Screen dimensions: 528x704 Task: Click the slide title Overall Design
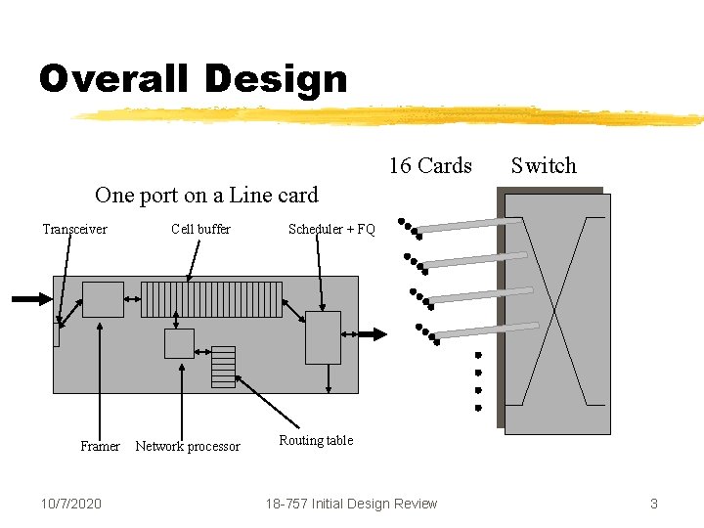(193, 78)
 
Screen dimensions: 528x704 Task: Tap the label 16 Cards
(430, 165)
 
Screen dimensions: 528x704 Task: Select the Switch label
(544, 165)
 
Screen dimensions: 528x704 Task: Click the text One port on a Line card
(206, 195)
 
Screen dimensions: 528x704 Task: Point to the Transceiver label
(74, 229)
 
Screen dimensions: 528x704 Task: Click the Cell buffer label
(200, 229)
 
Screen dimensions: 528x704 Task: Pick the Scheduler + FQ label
(331, 230)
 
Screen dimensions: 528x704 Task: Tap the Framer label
(100, 446)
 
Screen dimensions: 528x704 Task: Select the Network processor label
(187, 446)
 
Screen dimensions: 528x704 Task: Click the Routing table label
(316, 440)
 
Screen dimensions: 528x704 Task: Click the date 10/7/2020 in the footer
(71, 504)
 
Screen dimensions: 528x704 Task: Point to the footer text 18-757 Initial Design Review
(352, 504)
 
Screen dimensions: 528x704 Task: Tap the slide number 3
(653, 504)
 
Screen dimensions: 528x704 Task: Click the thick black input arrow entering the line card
(29, 299)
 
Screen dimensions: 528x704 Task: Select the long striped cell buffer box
(211, 299)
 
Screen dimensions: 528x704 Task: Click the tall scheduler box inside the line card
(323, 337)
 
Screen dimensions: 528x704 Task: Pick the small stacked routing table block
(224, 367)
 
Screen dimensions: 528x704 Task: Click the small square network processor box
(179, 343)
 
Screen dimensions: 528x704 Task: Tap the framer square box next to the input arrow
(103, 299)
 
